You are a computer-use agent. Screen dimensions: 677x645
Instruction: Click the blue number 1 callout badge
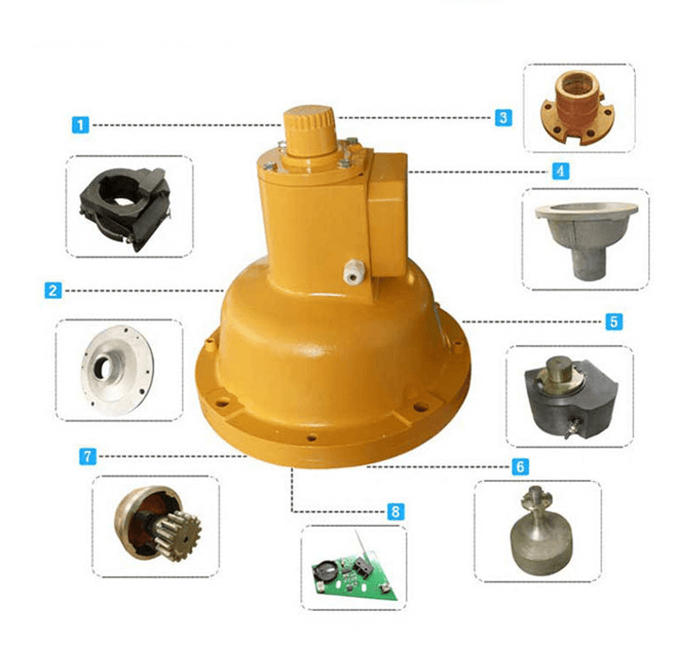(x=80, y=125)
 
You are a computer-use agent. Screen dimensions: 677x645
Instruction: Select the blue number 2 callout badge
(x=53, y=290)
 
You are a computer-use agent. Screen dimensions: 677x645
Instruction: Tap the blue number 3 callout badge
(x=503, y=117)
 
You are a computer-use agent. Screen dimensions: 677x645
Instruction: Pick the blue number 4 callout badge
(x=561, y=171)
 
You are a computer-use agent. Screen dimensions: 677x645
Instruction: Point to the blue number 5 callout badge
(x=614, y=322)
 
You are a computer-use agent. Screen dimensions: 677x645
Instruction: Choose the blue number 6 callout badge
(x=520, y=467)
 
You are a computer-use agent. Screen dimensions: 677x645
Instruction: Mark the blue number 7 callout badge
(x=87, y=456)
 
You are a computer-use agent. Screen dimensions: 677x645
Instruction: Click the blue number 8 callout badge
(x=396, y=512)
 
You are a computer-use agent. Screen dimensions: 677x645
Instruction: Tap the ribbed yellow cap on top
(x=309, y=130)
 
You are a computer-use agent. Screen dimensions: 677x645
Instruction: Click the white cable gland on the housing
(x=354, y=271)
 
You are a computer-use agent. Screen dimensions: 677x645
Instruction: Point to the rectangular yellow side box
(x=386, y=215)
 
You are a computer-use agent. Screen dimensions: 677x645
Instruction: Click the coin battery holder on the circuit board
(x=325, y=570)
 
